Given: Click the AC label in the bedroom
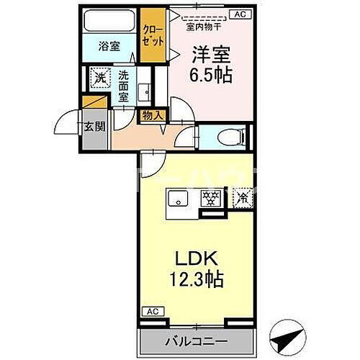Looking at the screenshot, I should (239, 14).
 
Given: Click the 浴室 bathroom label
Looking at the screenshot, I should (109, 46).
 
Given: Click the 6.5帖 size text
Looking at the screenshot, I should (210, 75).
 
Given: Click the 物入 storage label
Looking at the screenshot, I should (152, 115).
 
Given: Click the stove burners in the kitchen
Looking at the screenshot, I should (212, 199).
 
